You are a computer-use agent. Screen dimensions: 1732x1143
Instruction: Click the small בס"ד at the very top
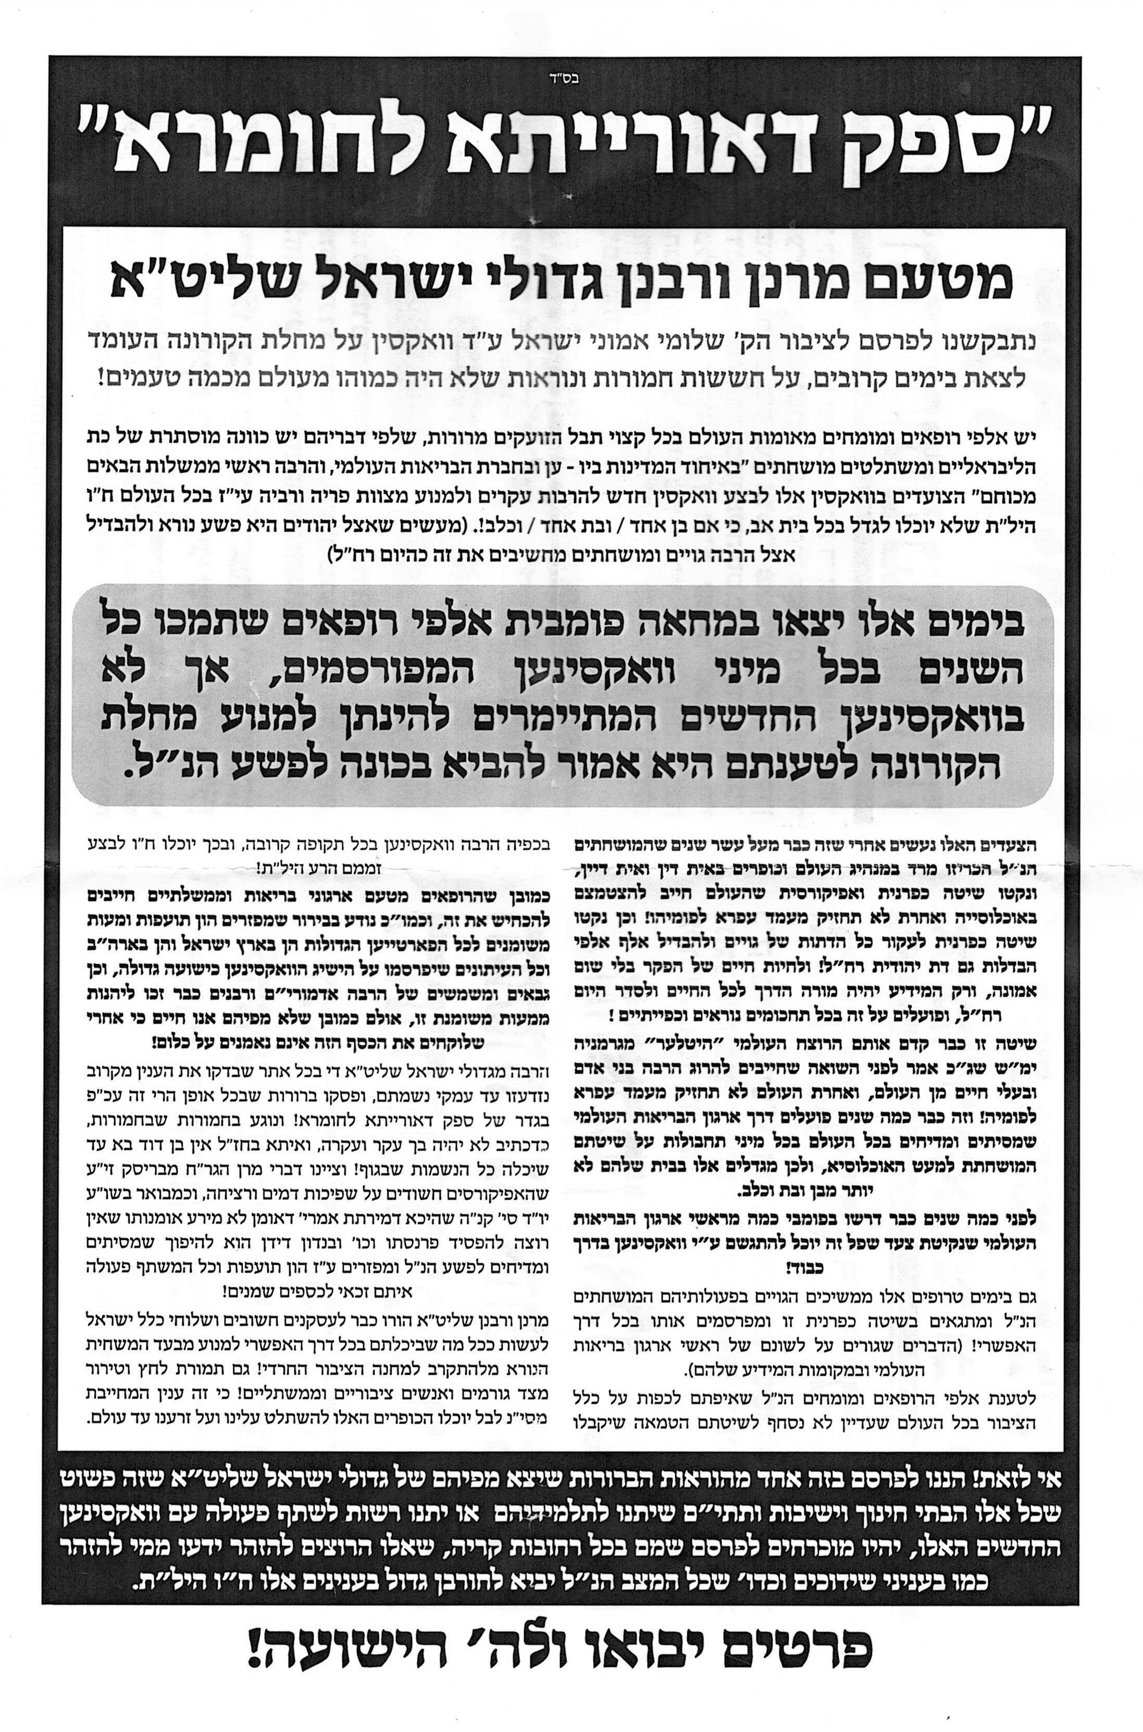point(571,73)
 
